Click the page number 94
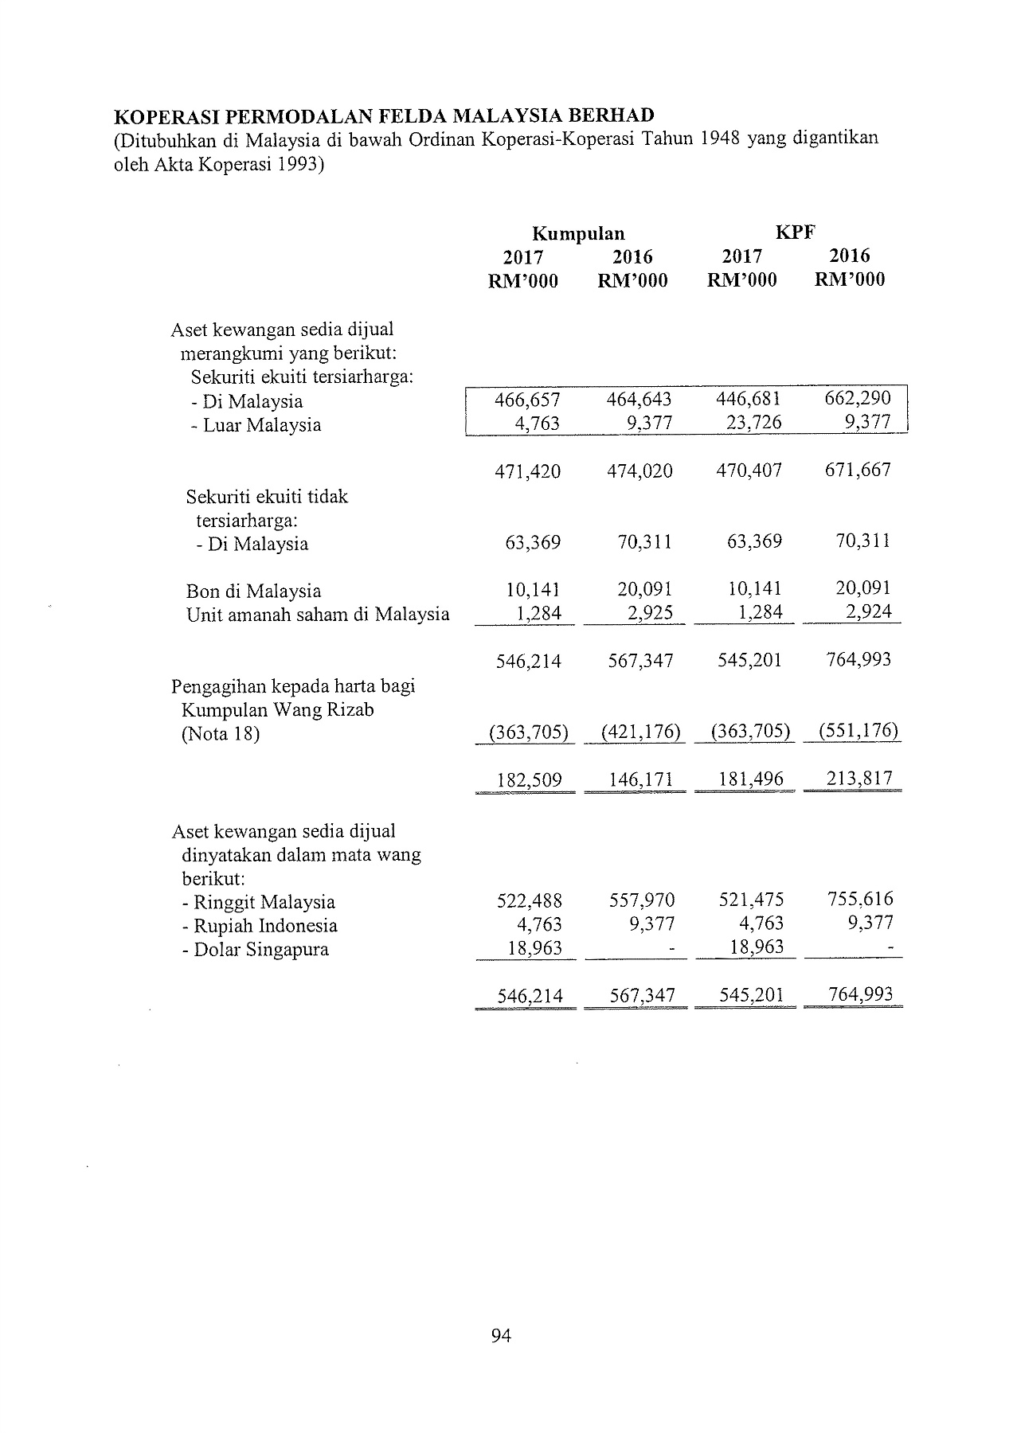pos(501,1336)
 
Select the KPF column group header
pos(796,232)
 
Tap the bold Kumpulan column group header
pos(578,233)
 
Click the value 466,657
pos(527,400)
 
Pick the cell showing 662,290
pos(858,398)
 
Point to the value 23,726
pos(749,423)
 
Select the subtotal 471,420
pos(527,471)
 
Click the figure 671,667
pos(858,470)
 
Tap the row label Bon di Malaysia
pos(253,592)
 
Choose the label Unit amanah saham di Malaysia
pos(318,615)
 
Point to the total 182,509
pos(529,779)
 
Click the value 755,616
pos(860,900)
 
